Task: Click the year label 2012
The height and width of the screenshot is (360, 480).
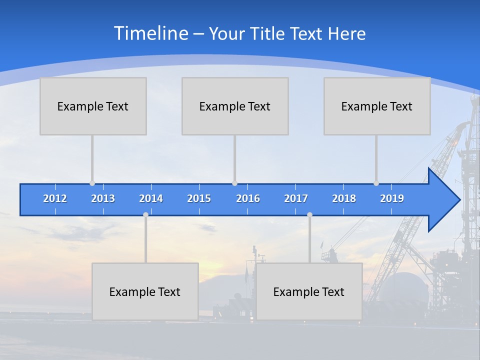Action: tap(55, 198)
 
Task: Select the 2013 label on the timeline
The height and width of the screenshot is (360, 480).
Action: tap(103, 198)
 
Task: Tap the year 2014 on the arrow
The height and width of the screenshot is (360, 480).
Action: tap(151, 198)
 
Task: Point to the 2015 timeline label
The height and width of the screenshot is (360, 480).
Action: tap(199, 198)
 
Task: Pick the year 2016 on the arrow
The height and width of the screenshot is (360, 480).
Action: tap(248, 198)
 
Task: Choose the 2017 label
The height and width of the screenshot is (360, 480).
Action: tap(296, 198)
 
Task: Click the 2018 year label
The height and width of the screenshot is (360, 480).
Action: tap(344, 198)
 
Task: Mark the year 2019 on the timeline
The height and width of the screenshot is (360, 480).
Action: tap(392, 198)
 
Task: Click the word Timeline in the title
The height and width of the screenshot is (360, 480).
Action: tap(150, 33)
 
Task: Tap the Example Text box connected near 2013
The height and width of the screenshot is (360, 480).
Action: tap(93, 106)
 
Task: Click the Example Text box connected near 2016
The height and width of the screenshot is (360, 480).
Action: tap(235, 106)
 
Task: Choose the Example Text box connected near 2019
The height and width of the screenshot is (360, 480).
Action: tap(377, 106)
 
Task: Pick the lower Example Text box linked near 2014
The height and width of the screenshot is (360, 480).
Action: tap(145, 291)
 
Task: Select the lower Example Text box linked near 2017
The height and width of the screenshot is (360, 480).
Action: tap(309, 291)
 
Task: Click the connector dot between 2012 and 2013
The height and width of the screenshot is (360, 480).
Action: tap(92, 183)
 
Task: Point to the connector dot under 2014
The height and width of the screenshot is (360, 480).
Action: tap(145, 214)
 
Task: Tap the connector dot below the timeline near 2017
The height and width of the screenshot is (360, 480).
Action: tap(309, 214)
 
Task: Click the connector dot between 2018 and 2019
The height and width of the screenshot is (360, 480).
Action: tap(376, 183)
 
